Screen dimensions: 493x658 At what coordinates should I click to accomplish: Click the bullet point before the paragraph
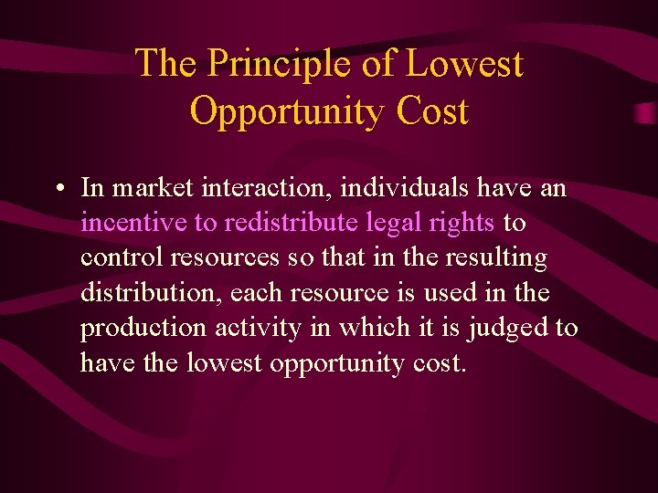58,190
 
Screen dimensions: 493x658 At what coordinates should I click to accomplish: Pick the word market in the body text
150,188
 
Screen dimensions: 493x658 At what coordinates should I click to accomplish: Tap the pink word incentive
133,223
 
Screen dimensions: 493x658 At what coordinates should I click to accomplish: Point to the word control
116,257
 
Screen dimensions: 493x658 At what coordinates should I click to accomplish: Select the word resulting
496,257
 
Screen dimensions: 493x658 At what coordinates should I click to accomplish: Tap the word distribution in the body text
151,292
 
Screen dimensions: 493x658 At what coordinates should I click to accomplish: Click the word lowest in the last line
225,362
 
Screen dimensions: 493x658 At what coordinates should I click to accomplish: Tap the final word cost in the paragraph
439,362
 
